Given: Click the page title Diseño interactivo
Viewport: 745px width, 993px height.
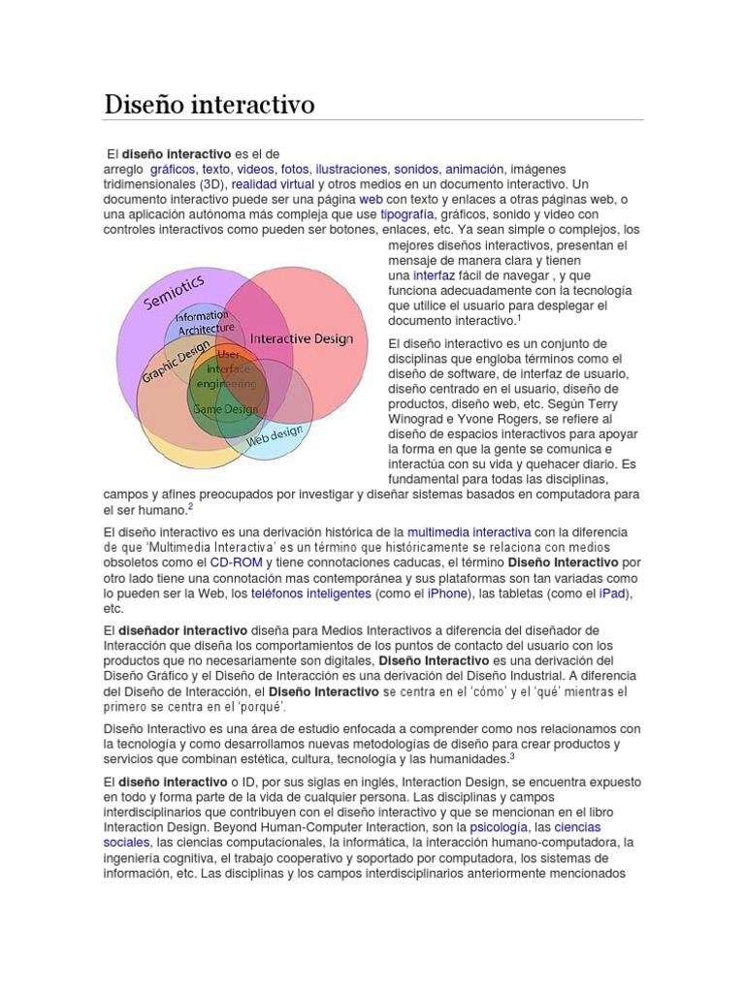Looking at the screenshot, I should [x=210, y=104].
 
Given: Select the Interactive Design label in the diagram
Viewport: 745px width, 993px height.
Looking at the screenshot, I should [x=302, y=339].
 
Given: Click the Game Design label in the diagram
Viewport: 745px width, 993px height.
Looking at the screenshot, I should [x=226, y=409].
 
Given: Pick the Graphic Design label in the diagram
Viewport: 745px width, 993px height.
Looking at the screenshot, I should [x=176, y=360].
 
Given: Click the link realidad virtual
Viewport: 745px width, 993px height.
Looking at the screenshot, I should [x=273, y=183].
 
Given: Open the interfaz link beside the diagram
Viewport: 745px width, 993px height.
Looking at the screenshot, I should [x=434, y=276].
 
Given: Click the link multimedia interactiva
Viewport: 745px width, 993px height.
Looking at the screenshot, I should [x=469, y=532].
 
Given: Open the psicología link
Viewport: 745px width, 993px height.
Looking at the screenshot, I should [x=499, y=828].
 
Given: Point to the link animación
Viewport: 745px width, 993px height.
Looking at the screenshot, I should [x=475, y=168].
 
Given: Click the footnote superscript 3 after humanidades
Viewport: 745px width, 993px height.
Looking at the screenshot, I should [x=512, y=757].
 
